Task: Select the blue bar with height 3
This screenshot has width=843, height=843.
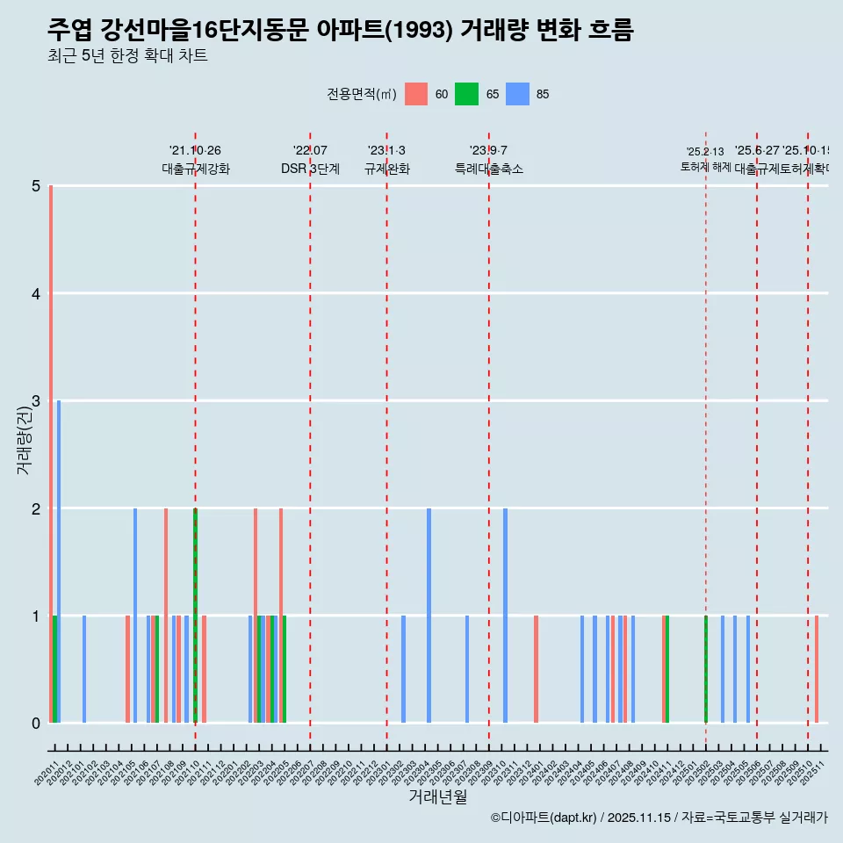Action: [59, 562]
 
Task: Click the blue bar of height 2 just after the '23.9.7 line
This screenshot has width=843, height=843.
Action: [505, 616]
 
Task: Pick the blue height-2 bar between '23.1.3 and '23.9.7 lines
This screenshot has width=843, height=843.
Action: [429, 616]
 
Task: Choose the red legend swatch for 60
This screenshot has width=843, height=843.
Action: [416, 94]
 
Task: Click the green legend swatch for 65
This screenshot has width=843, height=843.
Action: [466, 94]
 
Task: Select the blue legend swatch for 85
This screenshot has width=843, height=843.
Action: [518, 94]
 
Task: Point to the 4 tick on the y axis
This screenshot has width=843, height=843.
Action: [36, 293]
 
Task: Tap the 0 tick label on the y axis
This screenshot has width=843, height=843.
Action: [36, 723]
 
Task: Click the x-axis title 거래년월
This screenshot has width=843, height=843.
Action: [437, 796]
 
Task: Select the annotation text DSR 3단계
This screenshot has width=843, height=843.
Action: [310, 169]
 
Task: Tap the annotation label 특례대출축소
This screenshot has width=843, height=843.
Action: [489, 169]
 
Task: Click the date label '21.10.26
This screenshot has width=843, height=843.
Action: [195, 150]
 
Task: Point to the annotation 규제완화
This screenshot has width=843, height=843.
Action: [386, 169]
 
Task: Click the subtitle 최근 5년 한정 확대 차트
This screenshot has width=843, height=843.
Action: [128, 56]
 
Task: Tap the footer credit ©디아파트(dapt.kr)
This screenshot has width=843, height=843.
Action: [544, 818]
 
